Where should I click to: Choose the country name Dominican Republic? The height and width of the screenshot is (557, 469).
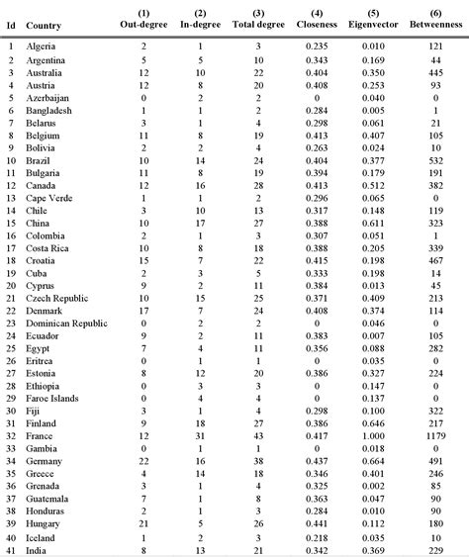pos(66,323)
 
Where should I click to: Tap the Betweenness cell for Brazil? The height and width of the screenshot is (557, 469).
pos(433,159)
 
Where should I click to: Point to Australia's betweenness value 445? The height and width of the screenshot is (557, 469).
pos(433,73)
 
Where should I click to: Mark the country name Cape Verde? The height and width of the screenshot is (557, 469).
pos(48,197)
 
